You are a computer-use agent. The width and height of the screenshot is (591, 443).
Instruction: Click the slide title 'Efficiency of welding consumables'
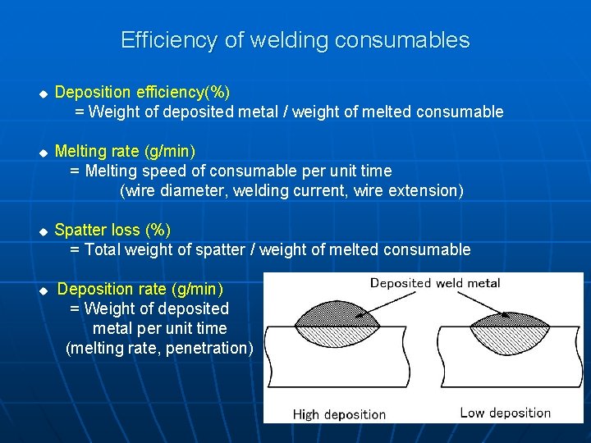[x=295, y=40]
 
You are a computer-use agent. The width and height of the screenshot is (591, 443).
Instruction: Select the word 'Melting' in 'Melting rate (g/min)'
[x=80, y=151]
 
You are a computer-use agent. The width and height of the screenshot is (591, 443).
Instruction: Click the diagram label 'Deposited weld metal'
[x=434, y=283]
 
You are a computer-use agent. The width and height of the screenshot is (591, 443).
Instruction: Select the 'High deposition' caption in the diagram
[x=339, y=414]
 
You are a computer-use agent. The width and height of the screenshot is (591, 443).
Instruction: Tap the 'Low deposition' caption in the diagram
[x=505, y=413]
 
